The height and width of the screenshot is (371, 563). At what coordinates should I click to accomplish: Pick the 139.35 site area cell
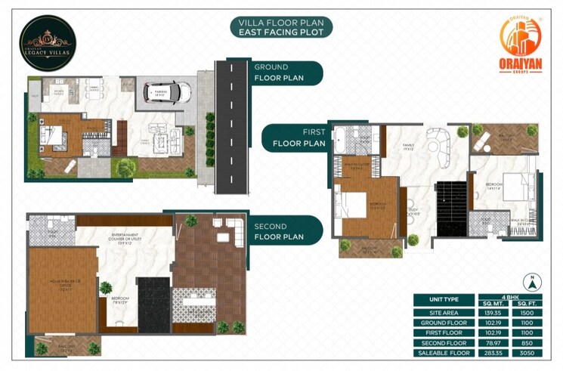pos(496,311)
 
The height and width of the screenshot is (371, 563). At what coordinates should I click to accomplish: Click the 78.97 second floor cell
pos(496,342)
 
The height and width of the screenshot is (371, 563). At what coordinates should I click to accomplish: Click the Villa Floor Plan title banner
pos(281,28)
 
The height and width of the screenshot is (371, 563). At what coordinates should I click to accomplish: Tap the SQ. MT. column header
pos(496,304)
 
